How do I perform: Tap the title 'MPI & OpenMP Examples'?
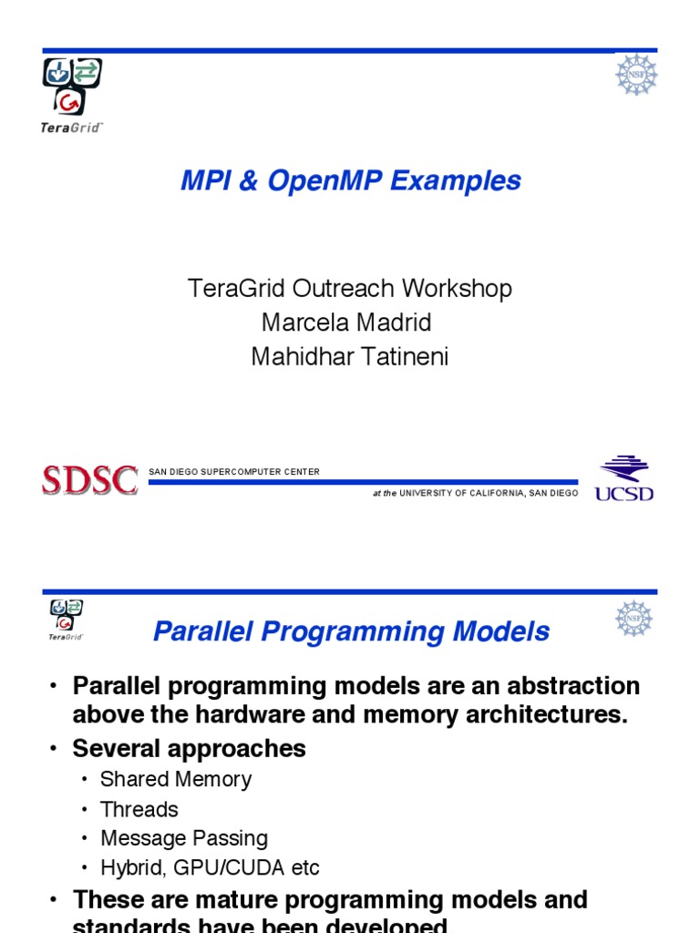point(350,180)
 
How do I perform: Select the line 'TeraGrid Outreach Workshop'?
point(350,289)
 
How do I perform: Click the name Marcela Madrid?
point(346,323)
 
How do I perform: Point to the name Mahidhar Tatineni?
point(350,356)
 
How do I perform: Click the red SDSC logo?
point(89,479)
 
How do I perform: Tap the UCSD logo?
point(624,478)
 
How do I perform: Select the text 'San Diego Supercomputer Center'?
point(234,472)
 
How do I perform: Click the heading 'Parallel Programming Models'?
point(351,631)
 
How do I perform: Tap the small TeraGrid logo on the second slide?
point(67,620)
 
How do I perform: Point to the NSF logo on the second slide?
point(633,619)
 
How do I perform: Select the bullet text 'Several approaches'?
point(189,749)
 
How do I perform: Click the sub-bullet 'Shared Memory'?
point(175,779)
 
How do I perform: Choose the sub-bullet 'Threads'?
point(139,809)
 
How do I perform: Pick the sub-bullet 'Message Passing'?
point(183,838)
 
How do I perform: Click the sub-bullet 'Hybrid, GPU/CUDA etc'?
point(210,867)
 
